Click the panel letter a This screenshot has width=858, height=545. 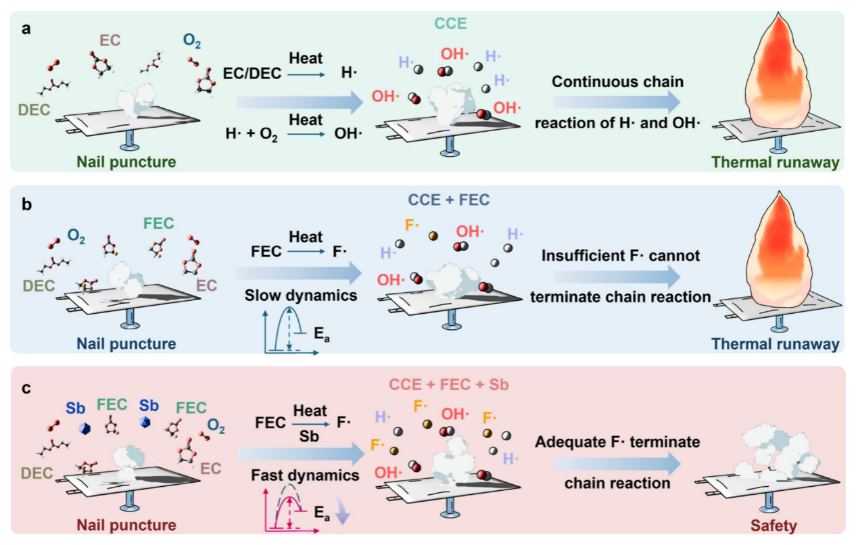22,30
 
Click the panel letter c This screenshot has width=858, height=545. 22,387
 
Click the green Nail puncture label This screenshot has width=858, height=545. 127,162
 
